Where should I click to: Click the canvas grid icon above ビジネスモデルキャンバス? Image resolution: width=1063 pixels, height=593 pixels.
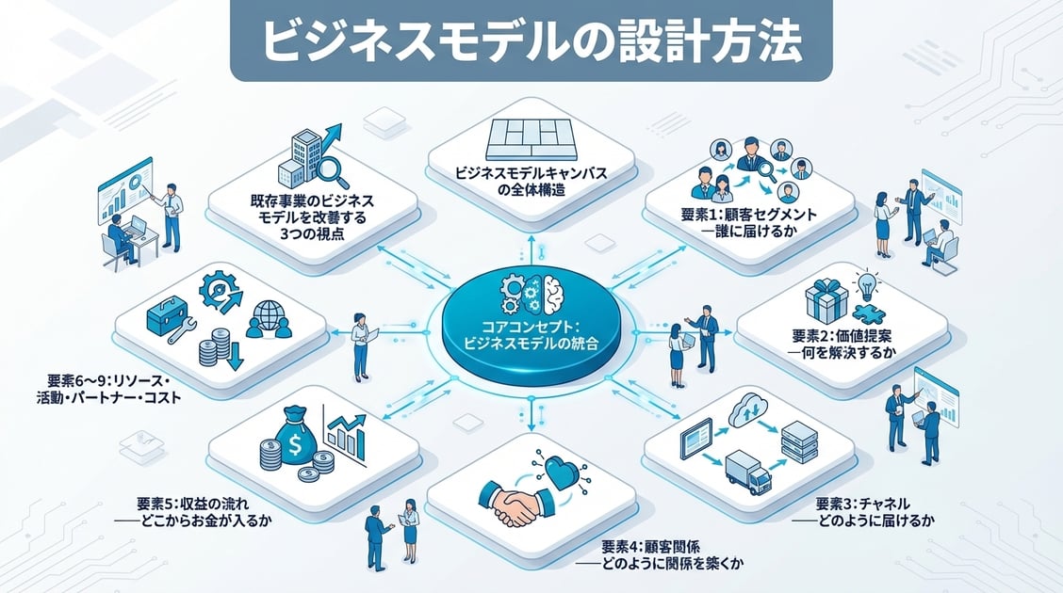531,139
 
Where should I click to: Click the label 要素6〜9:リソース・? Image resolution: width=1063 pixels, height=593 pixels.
107,381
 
